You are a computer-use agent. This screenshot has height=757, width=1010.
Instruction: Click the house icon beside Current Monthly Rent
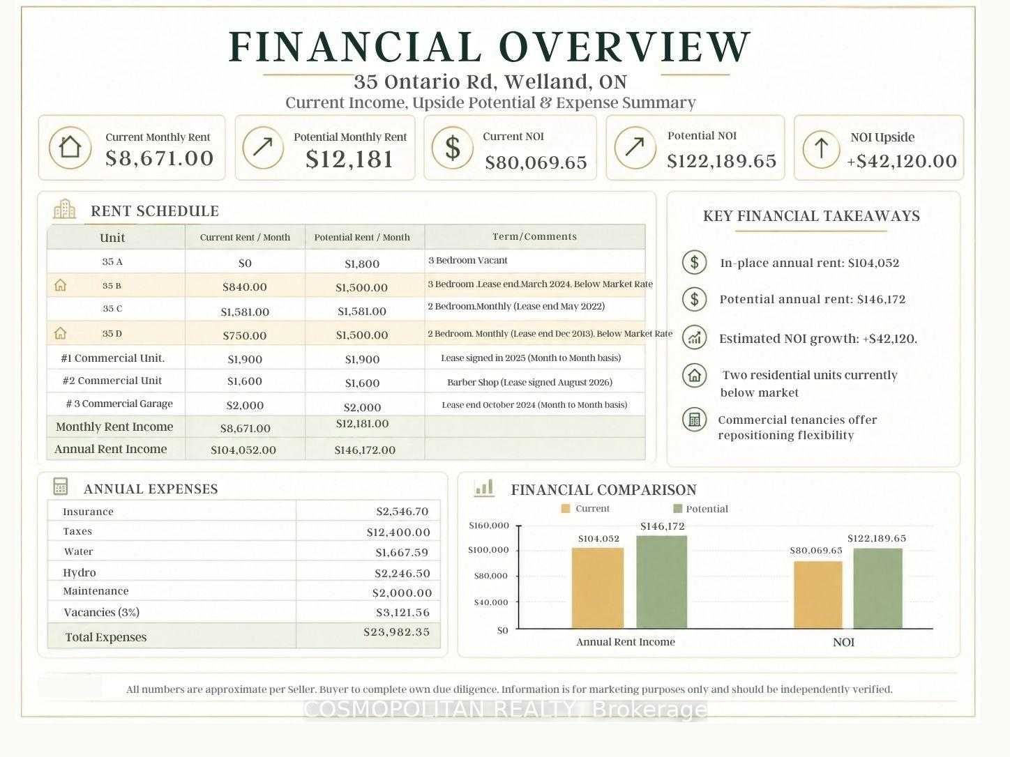tap(70, 148)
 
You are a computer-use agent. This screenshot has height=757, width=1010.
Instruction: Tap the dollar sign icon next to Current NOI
tap(453, 148)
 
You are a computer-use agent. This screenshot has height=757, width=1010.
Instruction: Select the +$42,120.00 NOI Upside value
tap(902, 161)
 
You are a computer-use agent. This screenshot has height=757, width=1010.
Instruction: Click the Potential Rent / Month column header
tap(362, 237)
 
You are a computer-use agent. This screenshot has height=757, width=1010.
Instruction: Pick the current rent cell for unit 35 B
tap(245, 286)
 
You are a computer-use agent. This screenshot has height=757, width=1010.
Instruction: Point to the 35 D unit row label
tap(112, 334)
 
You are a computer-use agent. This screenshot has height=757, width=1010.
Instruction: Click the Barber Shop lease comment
tap(529, 382)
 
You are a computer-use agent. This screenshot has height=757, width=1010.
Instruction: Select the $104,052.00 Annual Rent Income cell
tap(243, 450)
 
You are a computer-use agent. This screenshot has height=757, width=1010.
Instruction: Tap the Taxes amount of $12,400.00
tap(398, 533)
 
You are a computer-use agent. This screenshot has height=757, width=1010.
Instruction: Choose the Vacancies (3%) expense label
tap(102, 612)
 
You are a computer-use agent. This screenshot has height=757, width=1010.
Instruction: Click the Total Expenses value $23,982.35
tap(397, 632)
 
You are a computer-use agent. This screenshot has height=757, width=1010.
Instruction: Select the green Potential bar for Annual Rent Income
tap(662, 582)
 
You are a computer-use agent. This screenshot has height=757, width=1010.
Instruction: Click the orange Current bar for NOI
tap(818, 595)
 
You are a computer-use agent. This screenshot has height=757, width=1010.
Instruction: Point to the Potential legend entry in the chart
tap(701, 509)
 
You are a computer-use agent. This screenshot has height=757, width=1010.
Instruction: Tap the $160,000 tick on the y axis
tap(489, 526)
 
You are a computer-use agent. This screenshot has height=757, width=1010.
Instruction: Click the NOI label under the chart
tap(843, 642)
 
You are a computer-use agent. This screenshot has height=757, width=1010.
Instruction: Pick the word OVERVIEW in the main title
tap(625, 47)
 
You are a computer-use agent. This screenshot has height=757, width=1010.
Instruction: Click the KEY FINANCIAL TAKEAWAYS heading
tap(811, 216)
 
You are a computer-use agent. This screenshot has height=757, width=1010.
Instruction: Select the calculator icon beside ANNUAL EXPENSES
tap(60, 487)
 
